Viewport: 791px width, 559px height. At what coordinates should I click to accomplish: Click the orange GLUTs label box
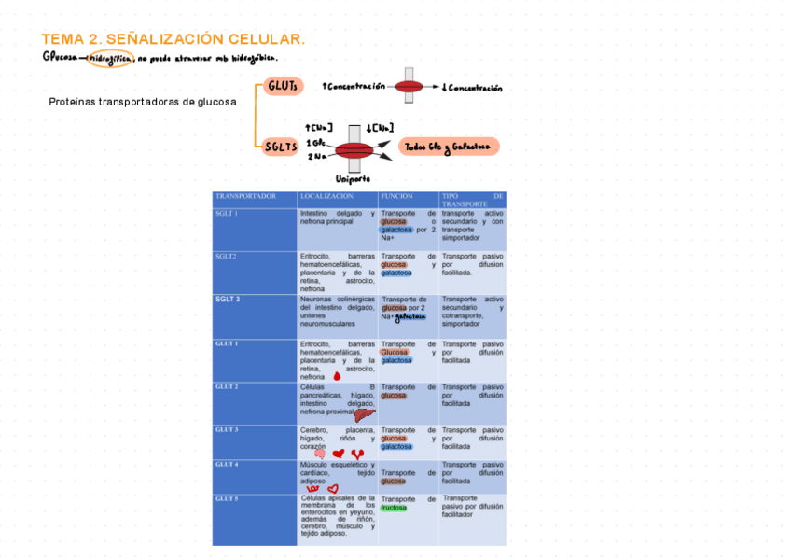click(x=284, y=86)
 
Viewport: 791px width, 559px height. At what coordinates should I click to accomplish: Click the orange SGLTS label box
click(x=280, y=147)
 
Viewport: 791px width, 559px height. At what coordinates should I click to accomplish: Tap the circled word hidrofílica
click(x=110, y=59)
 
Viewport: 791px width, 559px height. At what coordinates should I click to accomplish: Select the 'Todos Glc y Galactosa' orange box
click(x=449, y=147)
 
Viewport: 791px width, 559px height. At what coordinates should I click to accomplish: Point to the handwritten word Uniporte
click(x=354, y=177)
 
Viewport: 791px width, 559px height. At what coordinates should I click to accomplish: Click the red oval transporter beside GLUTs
click(x=409, y=87)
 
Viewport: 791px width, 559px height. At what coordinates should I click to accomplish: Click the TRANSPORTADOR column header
click(x=245, y=197)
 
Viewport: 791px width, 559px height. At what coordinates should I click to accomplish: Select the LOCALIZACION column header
click(x=326, y=197)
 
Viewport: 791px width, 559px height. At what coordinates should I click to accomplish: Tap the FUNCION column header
click(x=397, y=197)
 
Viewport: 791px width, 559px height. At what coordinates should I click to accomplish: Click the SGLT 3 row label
click(x=228, y=299)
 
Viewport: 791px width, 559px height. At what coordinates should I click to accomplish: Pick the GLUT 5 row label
click(x=227, y=498)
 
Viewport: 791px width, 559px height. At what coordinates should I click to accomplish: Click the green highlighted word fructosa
click(x=394, y=509)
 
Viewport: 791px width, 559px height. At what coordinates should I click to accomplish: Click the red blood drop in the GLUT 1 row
click(x=337, y=376)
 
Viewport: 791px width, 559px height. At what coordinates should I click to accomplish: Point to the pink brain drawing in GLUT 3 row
click(x=319, y=454)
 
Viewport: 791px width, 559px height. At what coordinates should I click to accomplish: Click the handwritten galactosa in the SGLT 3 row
click(x=410, y=316)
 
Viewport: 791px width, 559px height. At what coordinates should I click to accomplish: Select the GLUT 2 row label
click(x=227, y=386)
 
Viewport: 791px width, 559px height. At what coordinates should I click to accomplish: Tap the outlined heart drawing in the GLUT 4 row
click(x=332, y=487)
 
